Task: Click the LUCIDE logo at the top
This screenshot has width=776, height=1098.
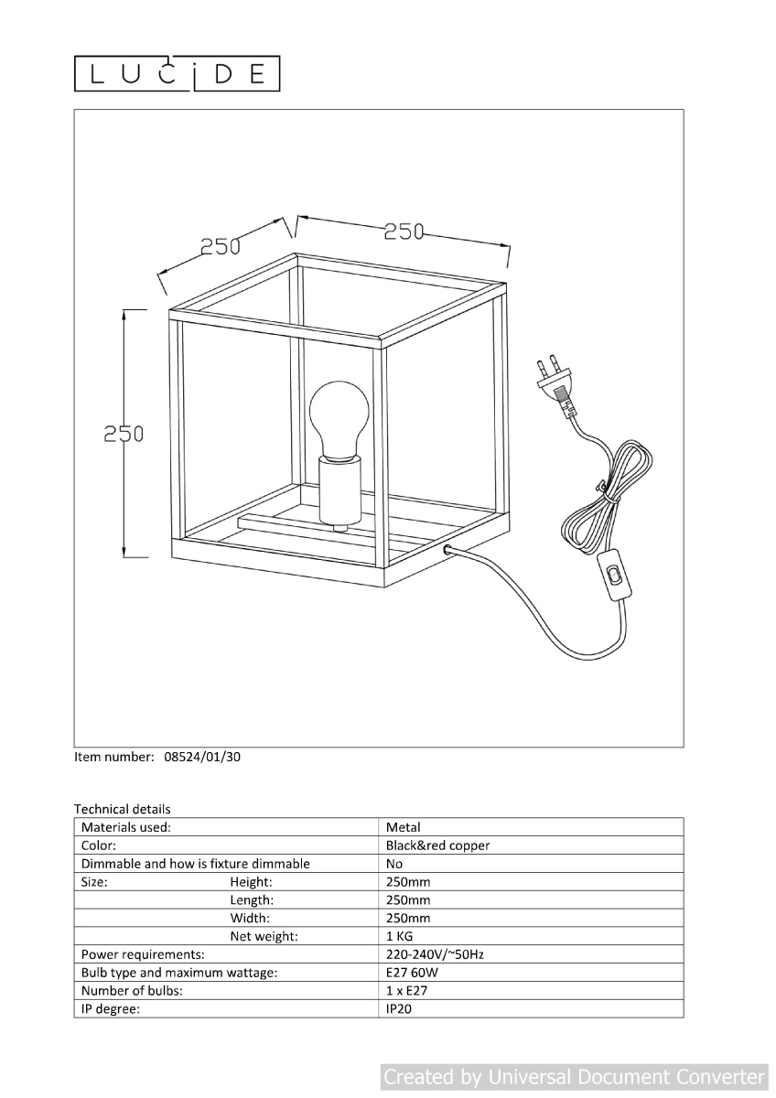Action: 177,73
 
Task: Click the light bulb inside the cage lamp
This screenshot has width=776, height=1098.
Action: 339,421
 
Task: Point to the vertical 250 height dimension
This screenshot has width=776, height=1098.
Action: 124,434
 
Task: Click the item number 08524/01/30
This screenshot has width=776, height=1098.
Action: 202,757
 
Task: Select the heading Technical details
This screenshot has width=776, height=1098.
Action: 123,809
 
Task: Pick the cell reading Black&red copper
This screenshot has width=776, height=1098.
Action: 437,845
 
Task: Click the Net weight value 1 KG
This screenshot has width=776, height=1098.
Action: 399,936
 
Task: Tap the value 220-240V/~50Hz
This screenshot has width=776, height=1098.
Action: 435,955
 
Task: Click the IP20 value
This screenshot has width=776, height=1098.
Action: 399,1008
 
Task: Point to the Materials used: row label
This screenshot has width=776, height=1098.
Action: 126,827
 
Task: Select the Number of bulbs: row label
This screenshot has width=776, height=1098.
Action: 132,991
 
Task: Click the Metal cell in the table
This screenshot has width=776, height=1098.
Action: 403,827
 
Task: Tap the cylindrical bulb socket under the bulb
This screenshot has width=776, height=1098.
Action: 339,491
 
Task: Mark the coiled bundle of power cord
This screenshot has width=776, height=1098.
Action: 607,496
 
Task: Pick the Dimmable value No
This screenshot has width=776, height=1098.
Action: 394,864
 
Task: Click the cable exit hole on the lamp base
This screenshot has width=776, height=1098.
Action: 447,550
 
